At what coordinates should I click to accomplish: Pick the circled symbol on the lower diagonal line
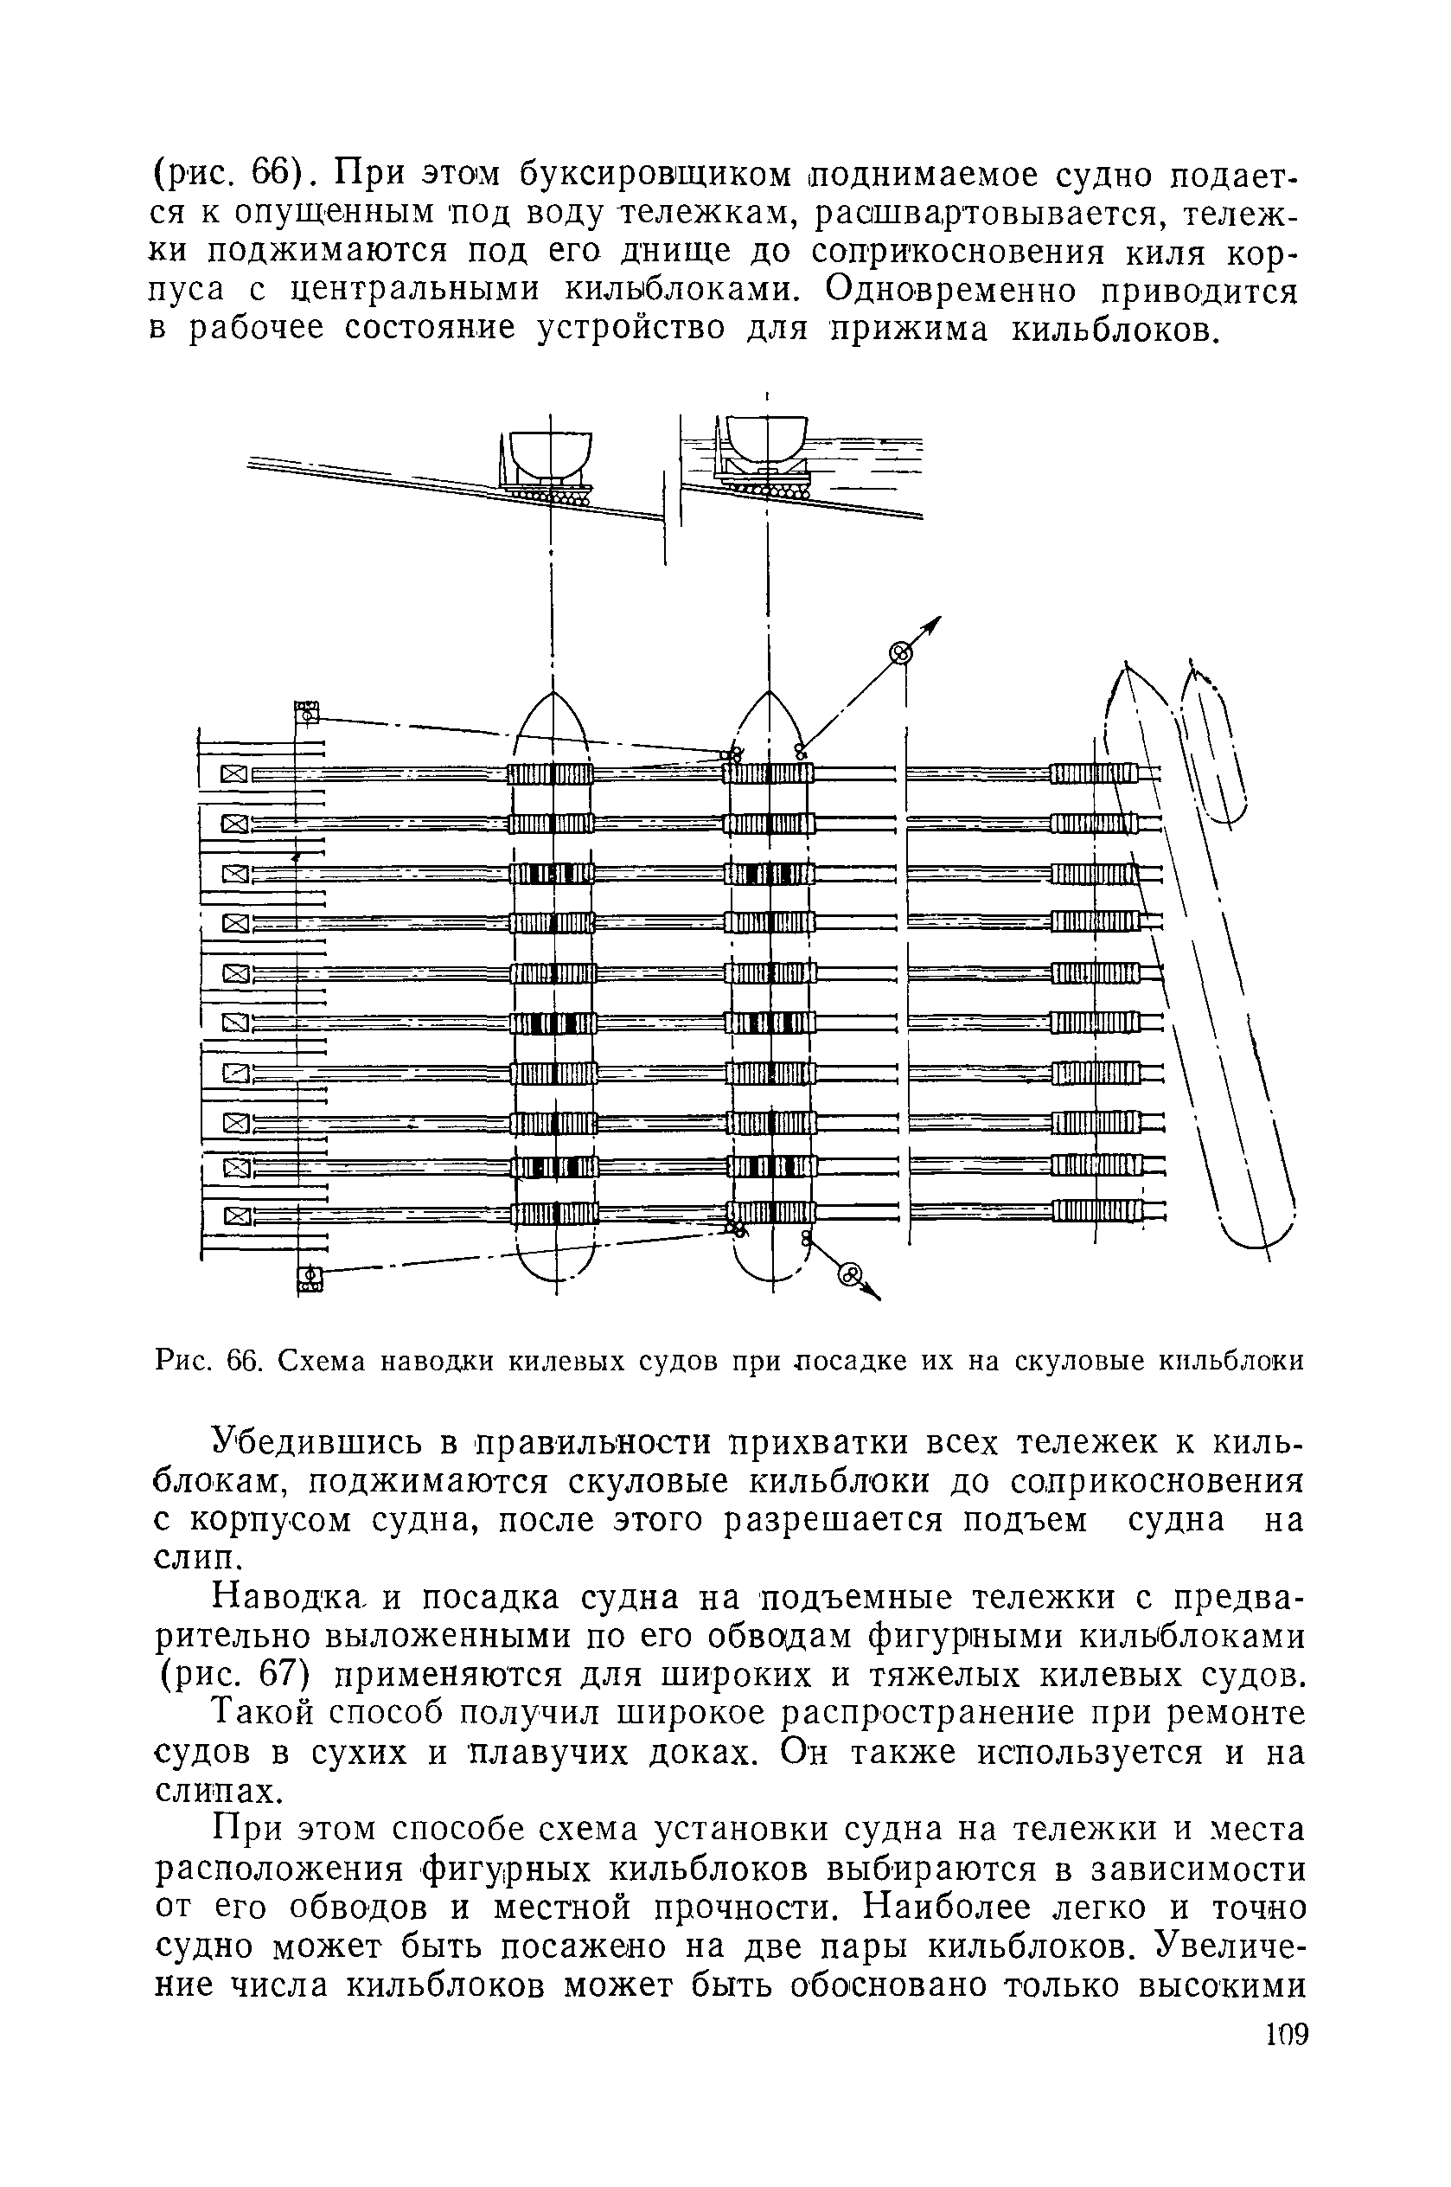point(849,1274)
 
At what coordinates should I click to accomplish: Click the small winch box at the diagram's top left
point(306,713)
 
